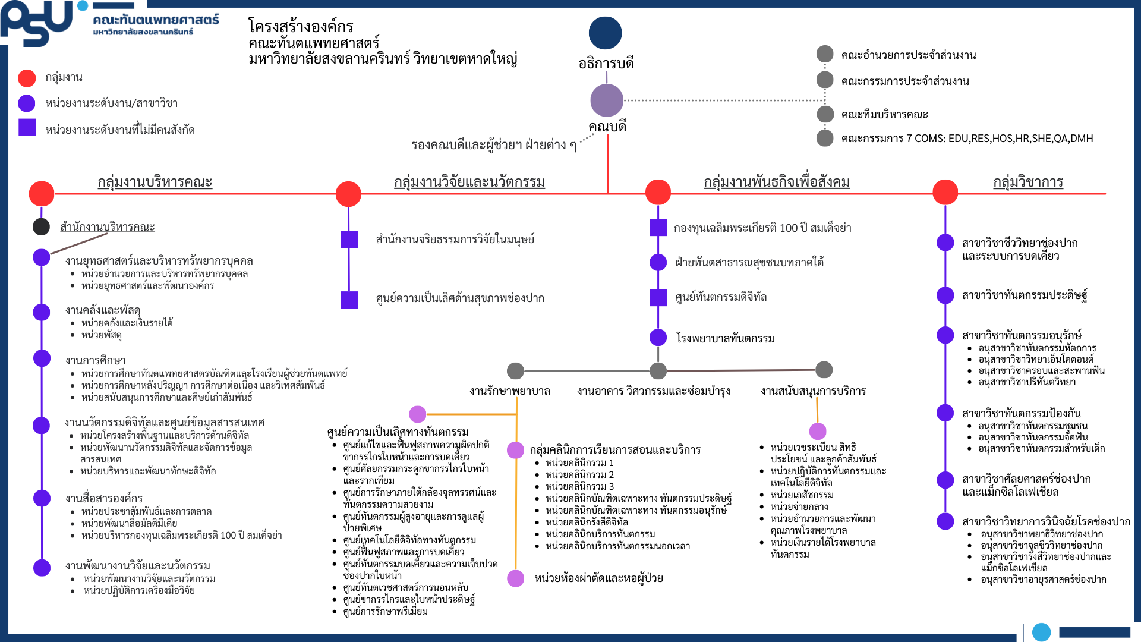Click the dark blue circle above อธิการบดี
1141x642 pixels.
[x=605, y=33]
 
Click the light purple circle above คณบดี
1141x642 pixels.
[x=607, y=100]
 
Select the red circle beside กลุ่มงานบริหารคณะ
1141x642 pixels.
[x=42, y=193]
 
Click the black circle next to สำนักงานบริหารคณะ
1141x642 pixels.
[x=41, y=226]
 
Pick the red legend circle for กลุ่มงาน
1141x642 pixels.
[x=27, y=78]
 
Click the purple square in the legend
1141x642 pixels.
[x=27, y=128]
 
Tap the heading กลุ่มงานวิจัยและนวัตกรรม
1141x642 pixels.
[x=469, y=182]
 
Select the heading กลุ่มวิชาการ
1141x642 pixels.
[x=1028, y=182]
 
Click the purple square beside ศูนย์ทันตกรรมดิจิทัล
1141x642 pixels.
[x=658, y=297]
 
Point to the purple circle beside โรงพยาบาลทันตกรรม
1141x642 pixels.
[x=658, y=337]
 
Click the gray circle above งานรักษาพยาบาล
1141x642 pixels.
[x=515, y=371]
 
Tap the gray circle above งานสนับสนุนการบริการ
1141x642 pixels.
[x=824, y=370]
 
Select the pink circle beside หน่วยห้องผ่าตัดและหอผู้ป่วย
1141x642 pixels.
[x=515, y=578]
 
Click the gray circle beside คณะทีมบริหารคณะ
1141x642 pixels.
[x=825, y=114]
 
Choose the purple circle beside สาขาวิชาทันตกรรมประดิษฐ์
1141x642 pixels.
[x=945, y=295]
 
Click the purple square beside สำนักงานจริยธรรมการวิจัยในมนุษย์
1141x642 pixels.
[x=349, y=240]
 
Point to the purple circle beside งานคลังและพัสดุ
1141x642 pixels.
[x=42, y=311]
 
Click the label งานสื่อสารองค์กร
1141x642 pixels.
[x=104, y=498]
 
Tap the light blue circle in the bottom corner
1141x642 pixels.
[x=1041, y=632]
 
